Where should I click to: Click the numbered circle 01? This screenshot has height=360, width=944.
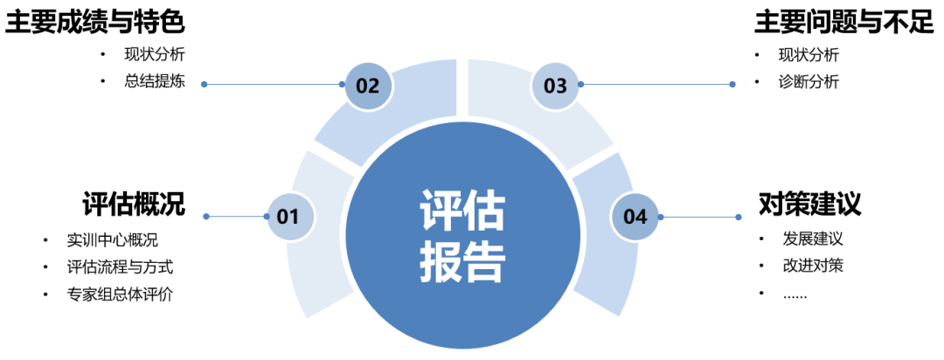tap(287, 216)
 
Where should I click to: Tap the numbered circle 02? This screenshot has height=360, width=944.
tap(367, 85)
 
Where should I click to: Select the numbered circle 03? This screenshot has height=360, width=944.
tap(556, 85)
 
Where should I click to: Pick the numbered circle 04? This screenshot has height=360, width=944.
tap(635, 216)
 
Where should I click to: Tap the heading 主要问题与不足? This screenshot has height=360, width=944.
tap(844, 22)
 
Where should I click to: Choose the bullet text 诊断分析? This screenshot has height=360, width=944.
tap(809, 82)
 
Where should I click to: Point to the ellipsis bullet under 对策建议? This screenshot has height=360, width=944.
tap(795, 294)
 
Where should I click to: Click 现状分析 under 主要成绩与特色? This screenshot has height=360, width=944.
tap(155, 54)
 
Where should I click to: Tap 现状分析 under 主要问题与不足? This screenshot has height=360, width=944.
tap(809, 54)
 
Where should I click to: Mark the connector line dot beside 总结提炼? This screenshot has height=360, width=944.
tap(205, 85)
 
